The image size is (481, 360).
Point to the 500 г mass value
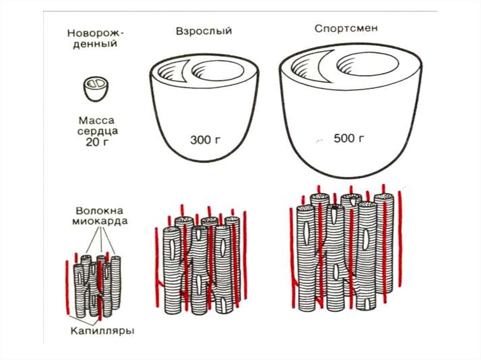point(349,138)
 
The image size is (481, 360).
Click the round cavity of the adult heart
point(218,71)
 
